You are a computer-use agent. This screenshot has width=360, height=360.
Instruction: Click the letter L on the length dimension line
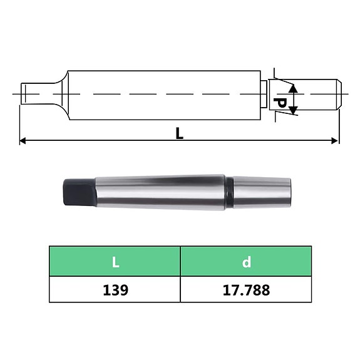(x=179, y=133)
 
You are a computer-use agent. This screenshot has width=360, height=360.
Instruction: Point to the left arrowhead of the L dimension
(x=23, y=141)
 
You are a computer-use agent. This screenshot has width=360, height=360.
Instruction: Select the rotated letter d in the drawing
(x=281, y=101)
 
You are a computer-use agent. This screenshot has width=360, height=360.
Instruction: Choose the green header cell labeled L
(x=115, y=262)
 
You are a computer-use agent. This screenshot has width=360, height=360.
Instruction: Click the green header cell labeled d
(x=246, y=262)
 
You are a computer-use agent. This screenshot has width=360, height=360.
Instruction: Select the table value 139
(x=115, y=290)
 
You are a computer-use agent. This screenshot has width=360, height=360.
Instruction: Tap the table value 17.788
(x=246, y=290)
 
